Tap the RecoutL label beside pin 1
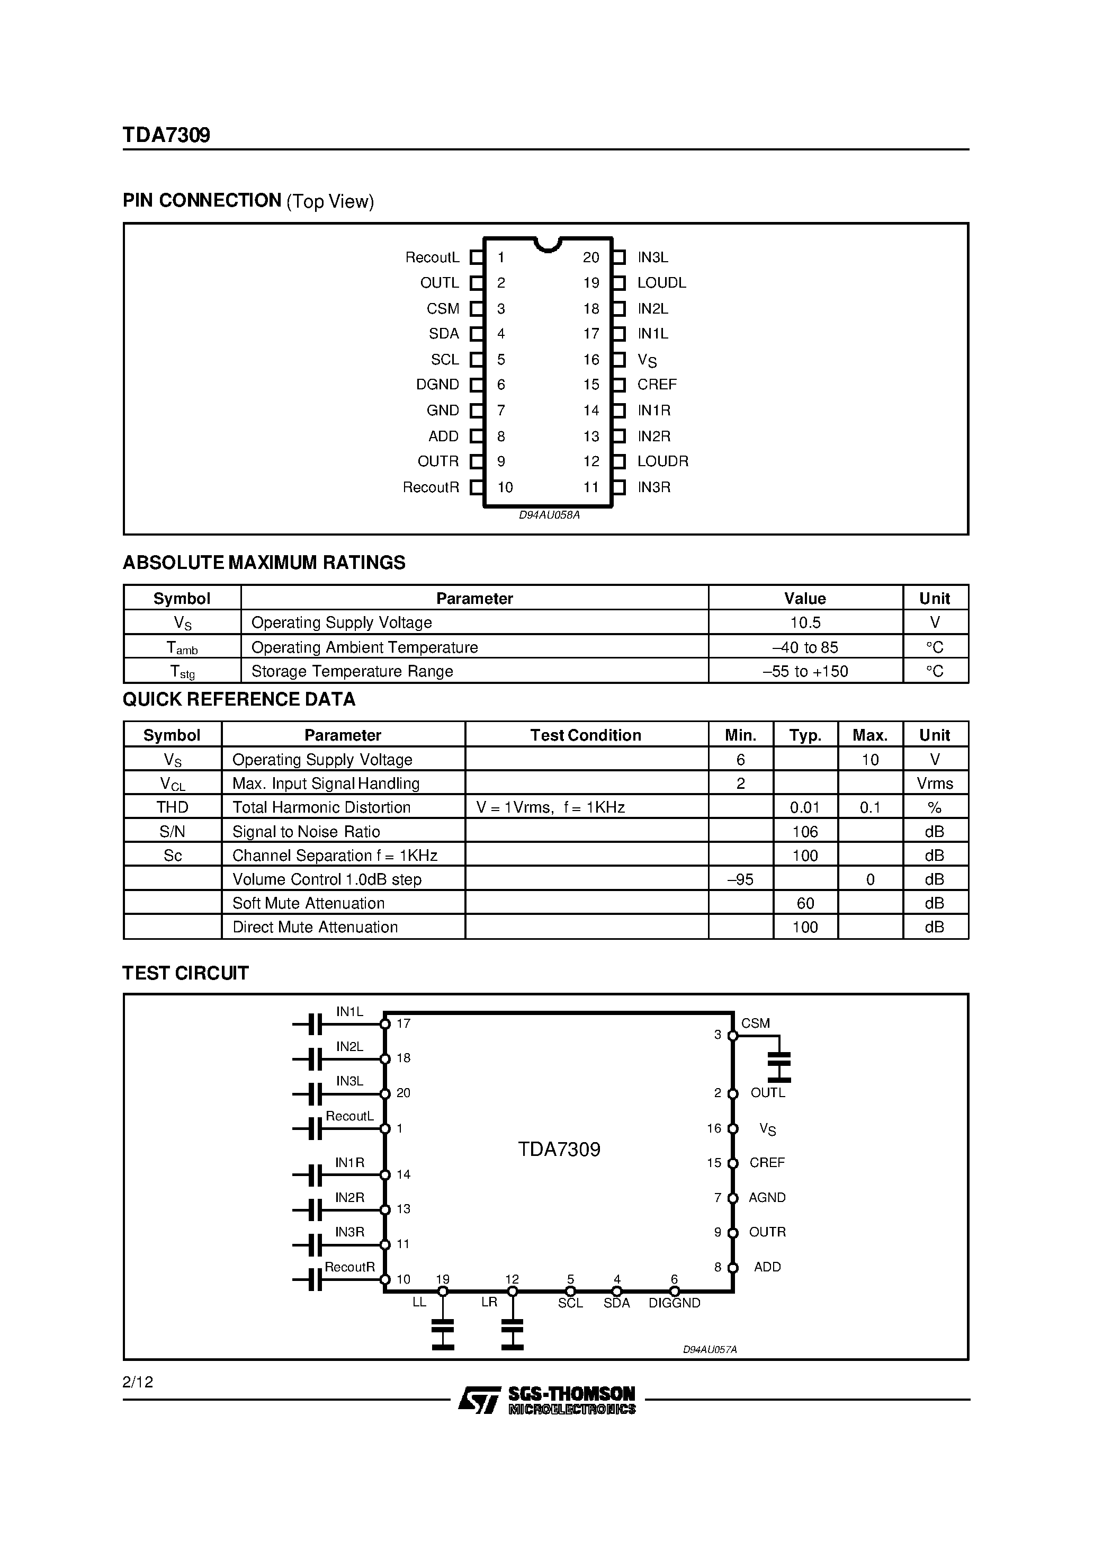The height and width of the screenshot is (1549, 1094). pos(432,257)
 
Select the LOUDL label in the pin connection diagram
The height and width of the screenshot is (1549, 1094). pos(661,283)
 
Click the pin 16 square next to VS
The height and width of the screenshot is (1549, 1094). pos(618,360)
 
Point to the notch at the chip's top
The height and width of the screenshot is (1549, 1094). pos(548,245)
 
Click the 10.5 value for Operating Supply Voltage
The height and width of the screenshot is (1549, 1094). pos(805,622)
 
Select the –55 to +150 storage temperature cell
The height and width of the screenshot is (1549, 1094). pos(805,671)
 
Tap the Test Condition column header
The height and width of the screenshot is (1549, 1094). pos(586,735)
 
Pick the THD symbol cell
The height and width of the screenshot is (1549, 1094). pos(172,807)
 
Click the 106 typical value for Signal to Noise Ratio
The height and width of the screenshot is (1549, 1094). pos(805,831)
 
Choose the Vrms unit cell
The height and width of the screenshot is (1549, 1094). pos(934,784)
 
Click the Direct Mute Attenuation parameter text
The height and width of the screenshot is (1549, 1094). pos(315,927)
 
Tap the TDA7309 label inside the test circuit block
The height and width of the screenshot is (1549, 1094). pos(559,1149)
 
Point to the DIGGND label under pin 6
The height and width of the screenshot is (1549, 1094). pos(674,1303)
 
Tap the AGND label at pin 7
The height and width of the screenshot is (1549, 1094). pos(767,1197)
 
